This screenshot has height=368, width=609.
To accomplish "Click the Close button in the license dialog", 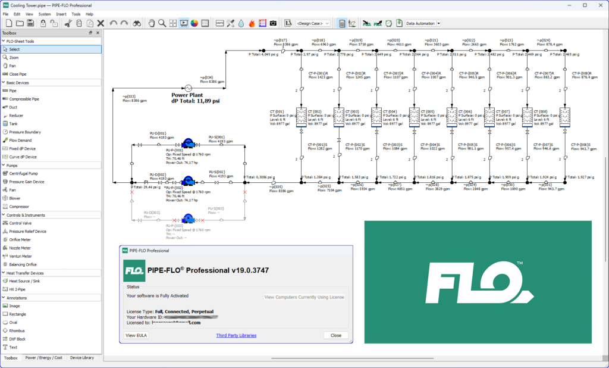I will (335, 335).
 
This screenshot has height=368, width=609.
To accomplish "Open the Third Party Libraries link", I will (236, 335).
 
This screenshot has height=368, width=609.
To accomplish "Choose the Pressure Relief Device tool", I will (27, 231).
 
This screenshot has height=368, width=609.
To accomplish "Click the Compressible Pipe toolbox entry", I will (24, 99).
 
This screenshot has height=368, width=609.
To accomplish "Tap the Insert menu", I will (61, 14).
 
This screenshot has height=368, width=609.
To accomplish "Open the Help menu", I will (89, 14).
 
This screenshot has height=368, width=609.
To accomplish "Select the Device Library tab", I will (82, 358).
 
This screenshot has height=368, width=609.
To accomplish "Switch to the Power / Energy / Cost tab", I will (43, 358).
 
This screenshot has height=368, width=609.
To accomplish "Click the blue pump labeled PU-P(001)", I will (188, 143).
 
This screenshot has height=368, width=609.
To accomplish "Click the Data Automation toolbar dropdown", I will (423, 23).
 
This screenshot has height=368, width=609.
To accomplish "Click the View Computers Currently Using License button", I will (304, 297).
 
